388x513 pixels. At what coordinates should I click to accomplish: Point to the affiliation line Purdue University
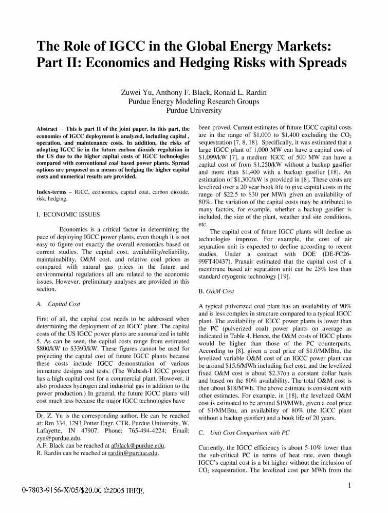tap(194, 110)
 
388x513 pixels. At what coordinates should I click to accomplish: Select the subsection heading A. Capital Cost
tap(59, 304)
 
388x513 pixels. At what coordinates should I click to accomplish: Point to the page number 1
tap(349, 485)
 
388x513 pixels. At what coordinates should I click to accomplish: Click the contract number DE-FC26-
tap(329, 253)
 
